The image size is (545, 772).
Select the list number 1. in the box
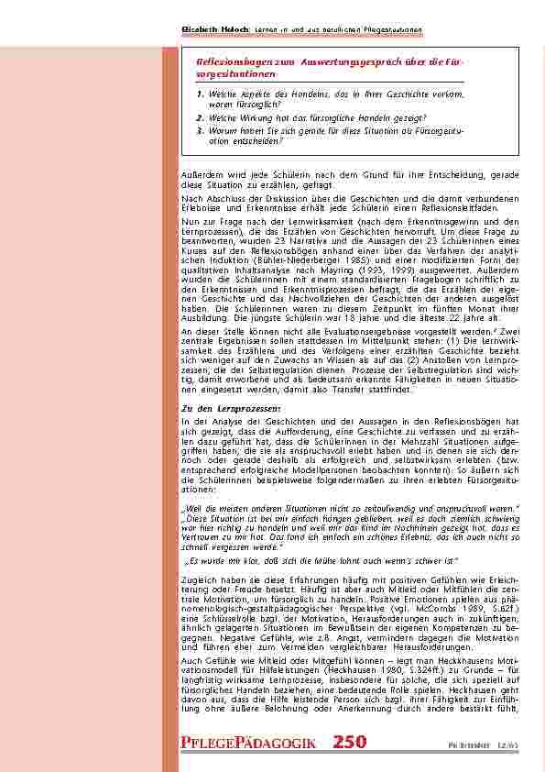tap(201, 94)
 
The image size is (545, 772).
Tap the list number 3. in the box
tap(201, 130)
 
